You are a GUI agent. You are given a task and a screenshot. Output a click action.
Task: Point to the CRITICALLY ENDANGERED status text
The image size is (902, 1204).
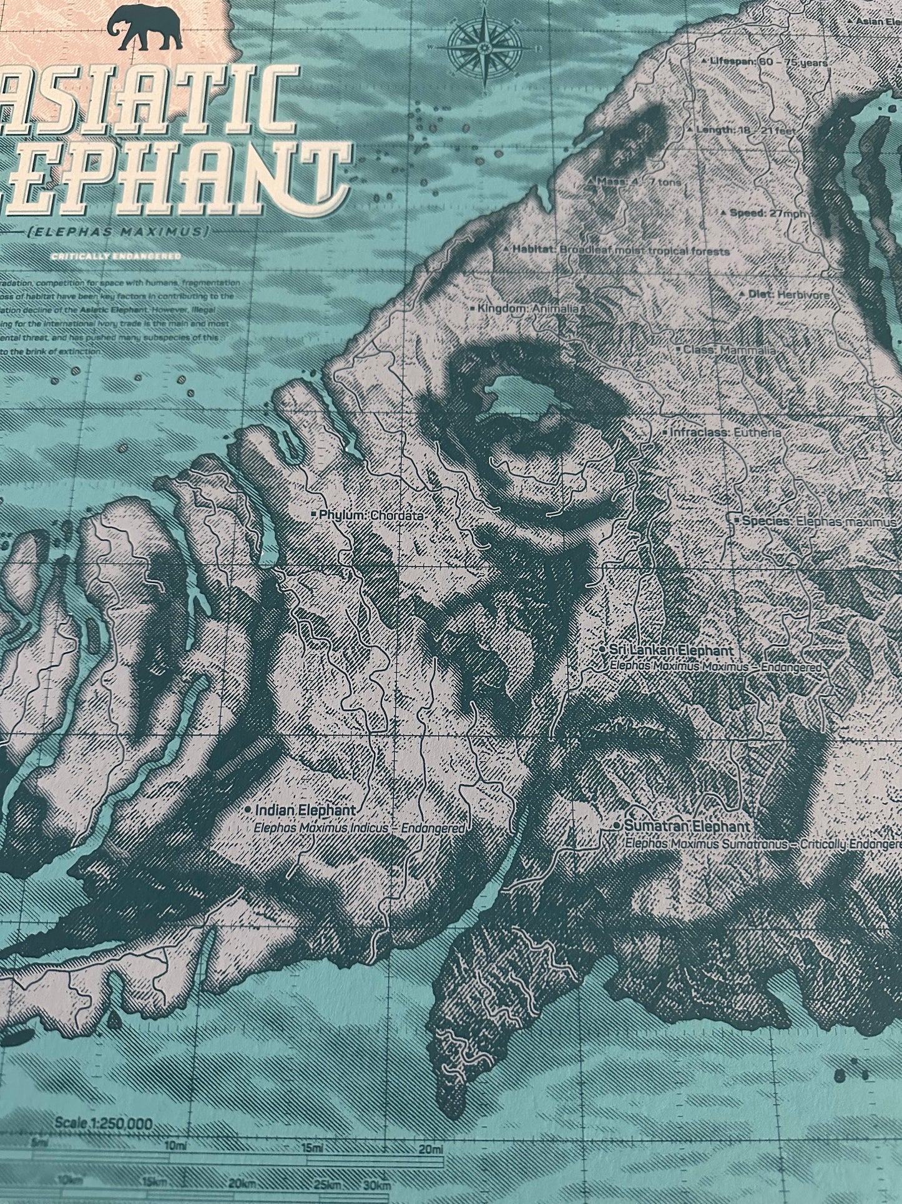[x=117, y=256]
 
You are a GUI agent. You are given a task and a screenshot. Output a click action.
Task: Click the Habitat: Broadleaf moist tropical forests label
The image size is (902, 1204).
[x=617, y=250]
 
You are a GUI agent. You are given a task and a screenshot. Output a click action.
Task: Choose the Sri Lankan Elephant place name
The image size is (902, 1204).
[x=665, y=650]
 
